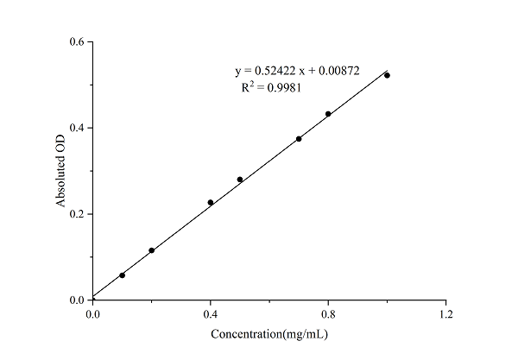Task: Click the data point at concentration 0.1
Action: point(122,275)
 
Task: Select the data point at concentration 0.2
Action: point(152,250)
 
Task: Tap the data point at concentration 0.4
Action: point(211,202)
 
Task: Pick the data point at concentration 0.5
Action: point(240,180)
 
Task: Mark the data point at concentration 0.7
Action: point(299,139)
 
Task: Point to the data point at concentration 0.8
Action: point(328,114)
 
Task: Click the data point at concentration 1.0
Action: point(387,75)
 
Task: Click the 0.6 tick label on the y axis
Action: point(77,41)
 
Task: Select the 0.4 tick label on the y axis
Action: point(77,128)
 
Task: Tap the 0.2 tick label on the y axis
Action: point(77,214)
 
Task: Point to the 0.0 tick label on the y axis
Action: point(77,300)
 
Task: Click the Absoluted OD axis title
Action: point(61,171)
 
